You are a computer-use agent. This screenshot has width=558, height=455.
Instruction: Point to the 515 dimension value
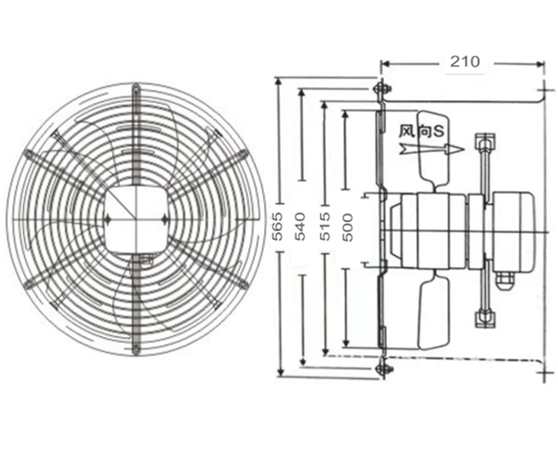[x=324, y=228]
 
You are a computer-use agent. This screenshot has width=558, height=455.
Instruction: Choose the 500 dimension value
[x=346, y=228]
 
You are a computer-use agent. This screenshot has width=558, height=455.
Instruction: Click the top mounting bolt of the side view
[x=379, y=89]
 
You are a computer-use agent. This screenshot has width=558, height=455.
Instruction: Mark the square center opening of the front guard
[x=135, y=219]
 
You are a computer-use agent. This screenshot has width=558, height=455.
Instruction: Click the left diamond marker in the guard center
[x=108, y=219]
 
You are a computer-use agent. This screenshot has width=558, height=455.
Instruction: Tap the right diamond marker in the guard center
[x=163, y=219]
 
